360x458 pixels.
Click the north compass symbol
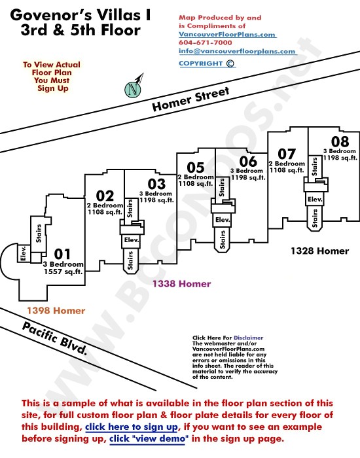point(134,88)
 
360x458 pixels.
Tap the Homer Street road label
point(190,99)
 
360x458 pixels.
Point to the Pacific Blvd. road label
point(54,338)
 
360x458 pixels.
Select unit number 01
point(62,254)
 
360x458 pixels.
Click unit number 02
point(105,196)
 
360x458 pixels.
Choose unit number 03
point(156,184)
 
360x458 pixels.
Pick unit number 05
point(196,167)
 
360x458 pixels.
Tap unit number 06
point(248,161)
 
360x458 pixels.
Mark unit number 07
point(287,154)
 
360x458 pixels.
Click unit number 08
point(340,142)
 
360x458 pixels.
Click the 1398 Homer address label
point(56,311)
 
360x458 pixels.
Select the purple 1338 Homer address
point(181,283)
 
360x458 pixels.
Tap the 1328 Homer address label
point(319,251)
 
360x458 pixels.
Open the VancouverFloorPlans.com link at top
point(227,34)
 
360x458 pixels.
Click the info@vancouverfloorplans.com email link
point(237,51)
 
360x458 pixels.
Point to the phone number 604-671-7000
point(206,43)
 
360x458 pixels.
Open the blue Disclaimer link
point(248,338)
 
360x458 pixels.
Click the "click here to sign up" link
point(131,427)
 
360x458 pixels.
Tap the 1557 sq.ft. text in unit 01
point(63,272)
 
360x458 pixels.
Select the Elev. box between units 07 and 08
point(315,199)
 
